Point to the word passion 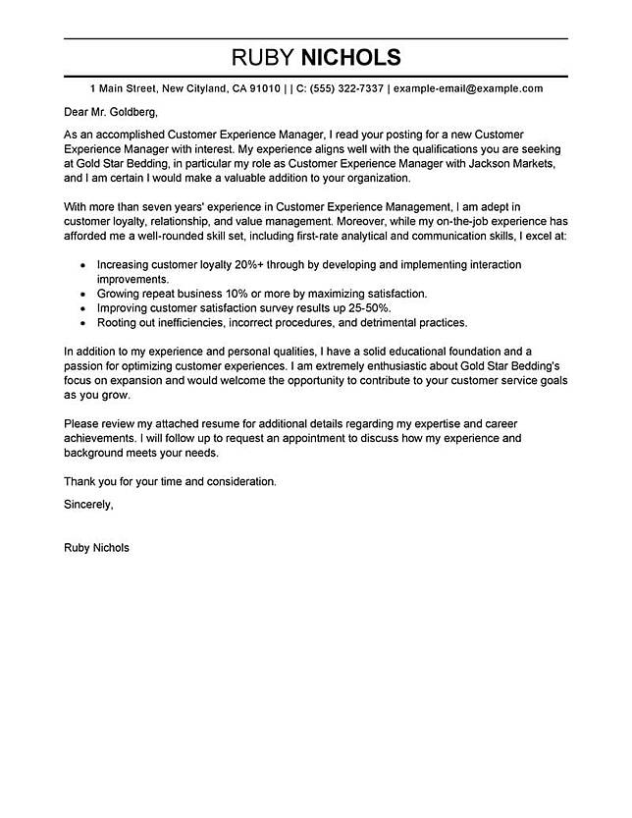83,365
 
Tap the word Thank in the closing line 80,482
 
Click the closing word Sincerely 88,504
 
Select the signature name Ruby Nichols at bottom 95,548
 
